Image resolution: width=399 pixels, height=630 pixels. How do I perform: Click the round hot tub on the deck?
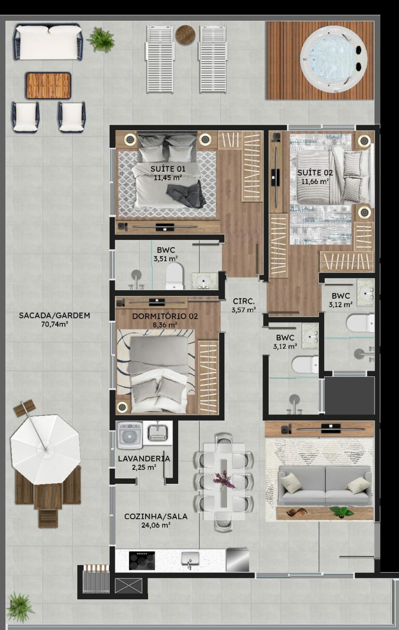(x=333, y=59)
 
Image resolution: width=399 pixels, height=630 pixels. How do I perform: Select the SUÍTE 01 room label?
(x=168, y=168)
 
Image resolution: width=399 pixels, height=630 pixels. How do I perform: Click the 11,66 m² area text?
(x=315, y=181)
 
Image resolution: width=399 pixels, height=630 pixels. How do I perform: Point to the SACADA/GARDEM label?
(x=55, y=315)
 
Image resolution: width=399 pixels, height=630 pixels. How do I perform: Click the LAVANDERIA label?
(x=144, y=458)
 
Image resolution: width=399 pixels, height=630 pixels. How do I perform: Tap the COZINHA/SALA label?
(x=156, y=516)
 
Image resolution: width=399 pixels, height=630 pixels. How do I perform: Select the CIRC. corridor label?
(x=243, y=301)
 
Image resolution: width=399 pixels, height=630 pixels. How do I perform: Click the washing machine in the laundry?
(x=130, y=435)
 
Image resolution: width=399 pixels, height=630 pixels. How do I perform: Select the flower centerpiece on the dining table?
(x=224, y=479)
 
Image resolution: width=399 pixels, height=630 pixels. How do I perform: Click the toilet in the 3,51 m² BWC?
(x=175, y=276)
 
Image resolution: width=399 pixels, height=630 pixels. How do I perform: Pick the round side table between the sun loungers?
(x=185, y=35)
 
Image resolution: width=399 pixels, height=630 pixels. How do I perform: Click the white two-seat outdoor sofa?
(x=48, y=42)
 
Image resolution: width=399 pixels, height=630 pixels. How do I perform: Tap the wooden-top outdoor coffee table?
(x=48, y=85)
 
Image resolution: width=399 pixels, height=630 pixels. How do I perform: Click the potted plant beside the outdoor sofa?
(x=101, y=39)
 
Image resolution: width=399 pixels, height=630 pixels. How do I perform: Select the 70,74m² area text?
(x=55, y=324)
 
